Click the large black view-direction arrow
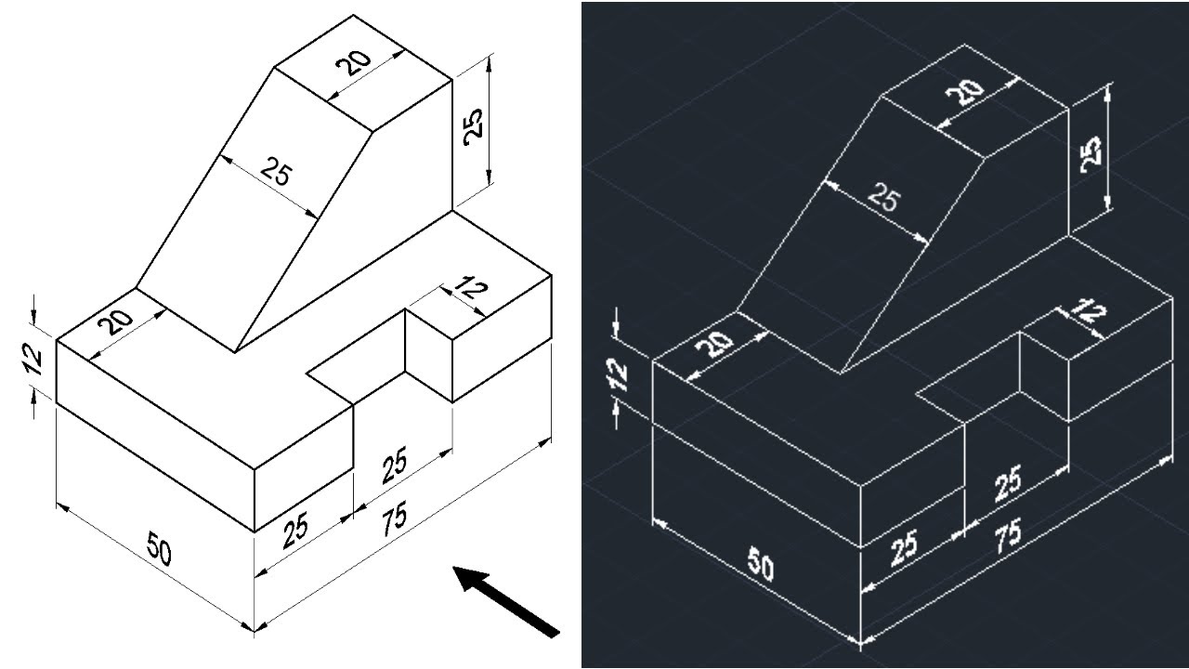point(506,601)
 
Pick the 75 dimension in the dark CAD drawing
point(1008,537)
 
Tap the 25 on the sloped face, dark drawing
point(883,197)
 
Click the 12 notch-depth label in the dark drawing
point(1091,311)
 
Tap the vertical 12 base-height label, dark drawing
point(619,376)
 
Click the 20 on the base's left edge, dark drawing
point(718,345)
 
